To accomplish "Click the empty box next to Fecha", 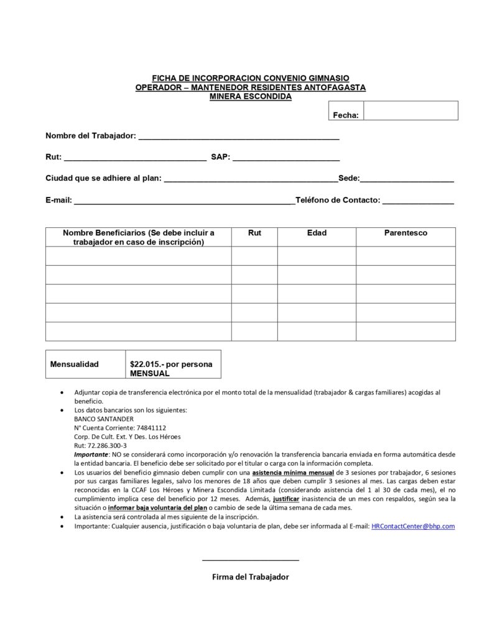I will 411,111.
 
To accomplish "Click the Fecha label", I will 345,115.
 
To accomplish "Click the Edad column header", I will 317,233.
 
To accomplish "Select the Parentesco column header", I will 406,233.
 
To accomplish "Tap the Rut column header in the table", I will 254,233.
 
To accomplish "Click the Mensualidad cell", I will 75,364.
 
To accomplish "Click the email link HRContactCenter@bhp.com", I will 413,526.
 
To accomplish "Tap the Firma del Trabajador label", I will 251,577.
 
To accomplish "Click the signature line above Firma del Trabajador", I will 251,560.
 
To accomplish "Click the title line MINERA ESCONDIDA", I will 251,96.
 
